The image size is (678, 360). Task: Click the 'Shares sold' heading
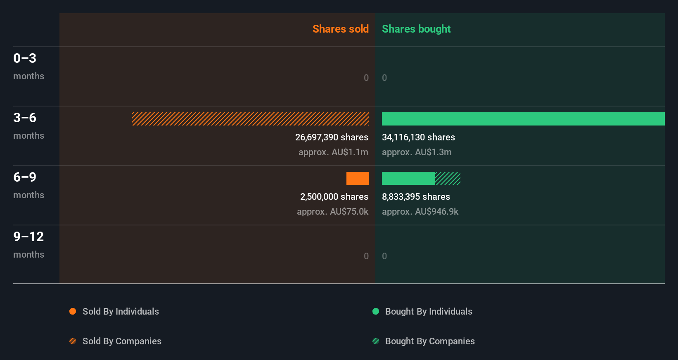click(340, 29)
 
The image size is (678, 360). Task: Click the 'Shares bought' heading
click(416, 29)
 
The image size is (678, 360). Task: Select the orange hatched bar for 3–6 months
click(250, 119)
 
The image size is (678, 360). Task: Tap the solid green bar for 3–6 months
click(523, 119)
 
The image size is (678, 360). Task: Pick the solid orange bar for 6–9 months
click(357, 178)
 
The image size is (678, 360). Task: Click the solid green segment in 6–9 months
click(408, 178)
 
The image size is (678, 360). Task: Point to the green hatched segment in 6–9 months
click(448, 178)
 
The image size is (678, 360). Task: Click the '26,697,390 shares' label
click(332, 137)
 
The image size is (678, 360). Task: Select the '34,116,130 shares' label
click(418, 137)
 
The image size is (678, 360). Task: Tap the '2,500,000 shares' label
click(334, 197)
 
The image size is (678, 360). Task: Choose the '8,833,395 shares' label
click(416, 197)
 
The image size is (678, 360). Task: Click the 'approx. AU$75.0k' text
click(332, 211)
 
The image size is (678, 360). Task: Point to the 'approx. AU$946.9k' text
click(420, 211)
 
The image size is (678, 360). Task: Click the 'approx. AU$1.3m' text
click(417, 152)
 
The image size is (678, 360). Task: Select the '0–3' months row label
click(25, 58)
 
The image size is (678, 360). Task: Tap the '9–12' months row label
click(28, 237)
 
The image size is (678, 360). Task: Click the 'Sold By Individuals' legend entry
click(120, 311)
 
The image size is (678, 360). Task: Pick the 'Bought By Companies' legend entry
click(429, 341)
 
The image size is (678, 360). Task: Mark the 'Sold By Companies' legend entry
click(121, 341)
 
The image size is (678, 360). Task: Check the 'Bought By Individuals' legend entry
click(428, 311)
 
